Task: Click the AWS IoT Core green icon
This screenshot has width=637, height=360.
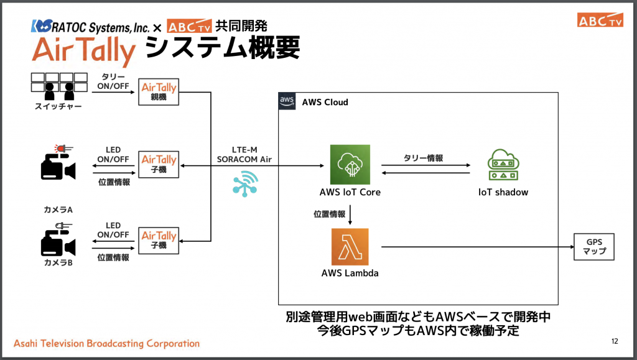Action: tap(350, 164)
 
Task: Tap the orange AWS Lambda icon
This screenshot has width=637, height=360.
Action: tap(350, 247)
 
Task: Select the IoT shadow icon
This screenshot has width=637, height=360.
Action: tap(503, 165)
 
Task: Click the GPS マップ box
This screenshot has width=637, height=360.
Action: tap(592, 247)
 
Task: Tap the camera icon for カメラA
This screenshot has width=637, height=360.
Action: tap(57, 165)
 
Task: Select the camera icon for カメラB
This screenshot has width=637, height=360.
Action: tap(57, 240)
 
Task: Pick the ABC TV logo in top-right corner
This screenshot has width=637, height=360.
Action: tap(600, 20)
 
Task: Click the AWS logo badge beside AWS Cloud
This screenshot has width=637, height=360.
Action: tap(287, 101)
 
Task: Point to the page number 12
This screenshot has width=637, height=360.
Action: tap(615, 341)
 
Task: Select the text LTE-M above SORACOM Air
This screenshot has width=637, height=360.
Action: tap(244, 149)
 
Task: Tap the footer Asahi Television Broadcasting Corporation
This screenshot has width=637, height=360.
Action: tap(106, 343)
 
